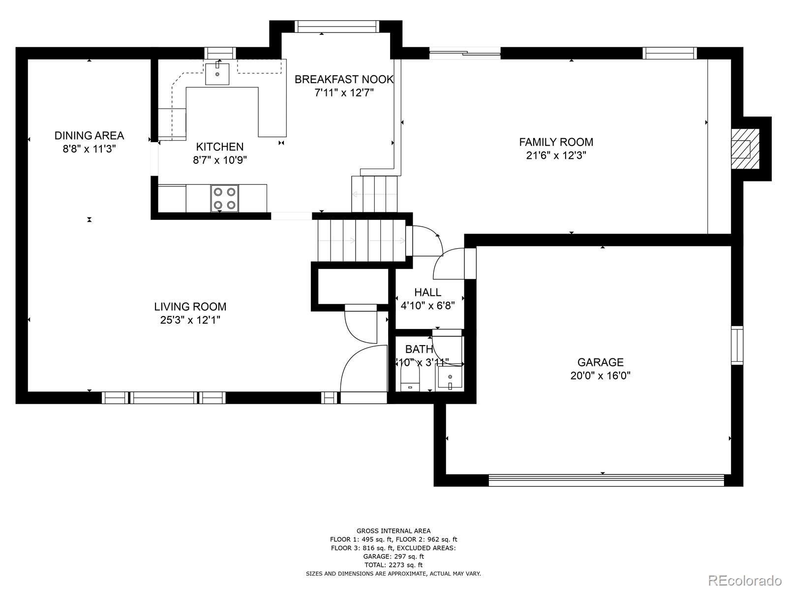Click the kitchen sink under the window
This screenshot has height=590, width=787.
217,73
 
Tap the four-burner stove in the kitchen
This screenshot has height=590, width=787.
224,198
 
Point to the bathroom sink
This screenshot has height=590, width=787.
450,380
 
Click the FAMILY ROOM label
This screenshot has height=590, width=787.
556,142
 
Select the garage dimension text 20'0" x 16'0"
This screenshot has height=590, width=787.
600,376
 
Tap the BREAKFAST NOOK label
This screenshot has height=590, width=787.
344,79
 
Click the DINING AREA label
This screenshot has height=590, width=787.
89,135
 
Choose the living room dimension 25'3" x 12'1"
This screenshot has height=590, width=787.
190,320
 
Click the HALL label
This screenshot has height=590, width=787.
427,292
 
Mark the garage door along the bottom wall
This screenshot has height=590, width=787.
606,480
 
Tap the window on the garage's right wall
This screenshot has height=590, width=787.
736,345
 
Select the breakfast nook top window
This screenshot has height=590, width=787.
337,27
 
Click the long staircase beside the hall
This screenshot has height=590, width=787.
362,240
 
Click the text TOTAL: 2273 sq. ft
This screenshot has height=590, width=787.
393,565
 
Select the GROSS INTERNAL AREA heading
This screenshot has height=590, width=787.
393,531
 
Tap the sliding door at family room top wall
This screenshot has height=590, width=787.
465,53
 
